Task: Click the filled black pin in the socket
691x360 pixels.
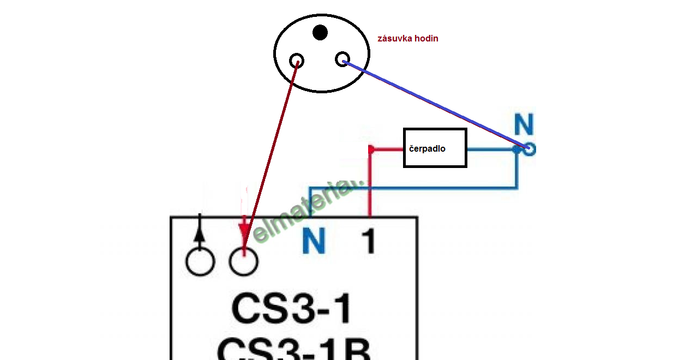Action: click(320, 33)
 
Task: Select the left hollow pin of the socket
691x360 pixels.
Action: click(297, 60)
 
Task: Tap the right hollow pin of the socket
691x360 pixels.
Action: click(342, 59)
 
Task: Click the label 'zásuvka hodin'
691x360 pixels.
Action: click(407, 39)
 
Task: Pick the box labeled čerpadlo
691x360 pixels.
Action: click(435, 148)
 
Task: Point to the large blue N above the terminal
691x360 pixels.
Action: click(524, 125)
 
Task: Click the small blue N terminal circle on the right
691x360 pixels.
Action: click(528, 149)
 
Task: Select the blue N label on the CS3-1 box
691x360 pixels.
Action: click(314, 241)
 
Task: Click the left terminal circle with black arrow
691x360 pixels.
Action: click(200, 262)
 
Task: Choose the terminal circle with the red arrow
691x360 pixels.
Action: click(243, 262)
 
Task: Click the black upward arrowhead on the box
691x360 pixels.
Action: click(200, 231)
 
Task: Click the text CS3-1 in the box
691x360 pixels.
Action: click(292, 309)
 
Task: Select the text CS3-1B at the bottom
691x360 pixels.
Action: click(295, 349)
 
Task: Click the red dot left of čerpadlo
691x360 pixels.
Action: click(371, 149)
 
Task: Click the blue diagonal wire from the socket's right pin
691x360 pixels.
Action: click(431, 104)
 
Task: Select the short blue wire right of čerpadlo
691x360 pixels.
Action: click(491, 149)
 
